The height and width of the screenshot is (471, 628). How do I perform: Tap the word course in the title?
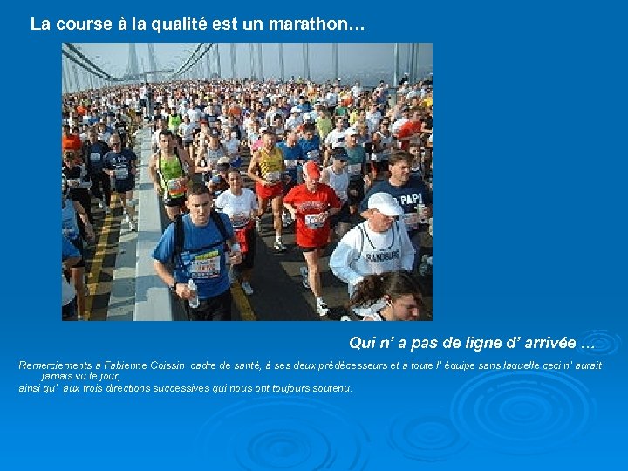click(x=85, y=24)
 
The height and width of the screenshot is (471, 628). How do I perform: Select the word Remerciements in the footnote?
click(x=54, y=365)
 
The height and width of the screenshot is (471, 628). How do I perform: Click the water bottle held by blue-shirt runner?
click(x=193, y=294)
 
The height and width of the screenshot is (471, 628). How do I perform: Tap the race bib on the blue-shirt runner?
click(x=207, y=263)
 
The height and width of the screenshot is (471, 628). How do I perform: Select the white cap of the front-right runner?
click(x=384, y=204)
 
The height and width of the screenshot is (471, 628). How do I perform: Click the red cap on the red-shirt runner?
click(x=311, y=170)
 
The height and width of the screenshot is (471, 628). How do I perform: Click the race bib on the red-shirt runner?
click(x=315, y=220)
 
